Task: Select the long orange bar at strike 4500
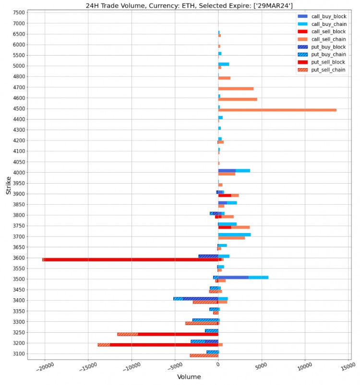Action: (x=277, y=110)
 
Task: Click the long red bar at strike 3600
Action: (x=130, y=259)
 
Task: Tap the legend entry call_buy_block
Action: (x=328, y=16)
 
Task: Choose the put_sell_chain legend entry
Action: (x=328, y=70)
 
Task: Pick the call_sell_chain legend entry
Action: (x=328, y=39)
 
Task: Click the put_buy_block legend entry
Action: (x=328, y=47)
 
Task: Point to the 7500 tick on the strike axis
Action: (x=19, y=12)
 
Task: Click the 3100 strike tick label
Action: (x=19, y=354)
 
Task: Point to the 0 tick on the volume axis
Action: (x=218, y=365)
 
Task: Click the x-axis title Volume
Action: (x=189, y=377)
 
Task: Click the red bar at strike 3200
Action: (x=163, y=345)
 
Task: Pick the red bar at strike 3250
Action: (x=178, y=334)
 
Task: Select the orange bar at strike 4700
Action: (x=236, y=89)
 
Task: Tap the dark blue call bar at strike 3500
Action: (x=233, y=277)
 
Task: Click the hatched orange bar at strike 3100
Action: (x=204, y=355)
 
